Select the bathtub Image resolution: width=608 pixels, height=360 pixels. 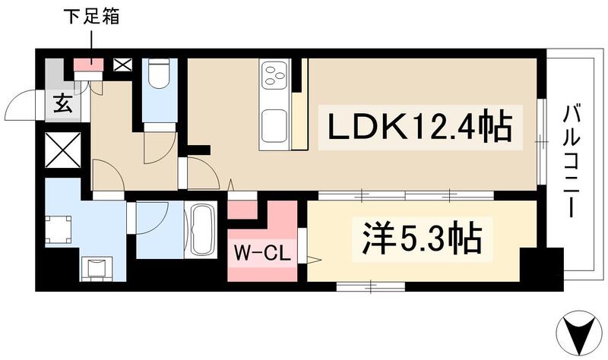pos(201,230)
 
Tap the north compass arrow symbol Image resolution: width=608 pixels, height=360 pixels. pos(581,333)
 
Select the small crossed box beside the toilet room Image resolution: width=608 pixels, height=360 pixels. pos(122,65)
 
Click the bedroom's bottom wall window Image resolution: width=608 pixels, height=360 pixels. pos(370,286)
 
